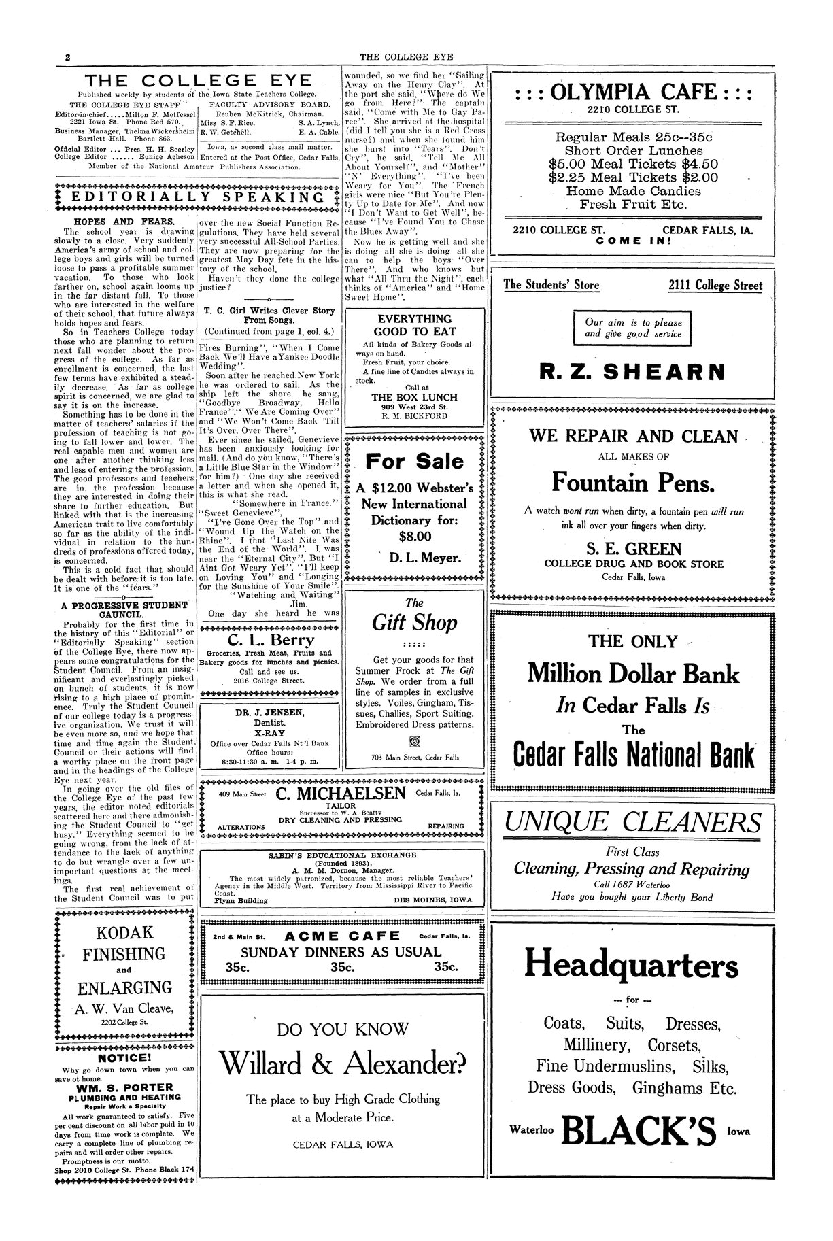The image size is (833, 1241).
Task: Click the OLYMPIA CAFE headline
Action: pos(632,92)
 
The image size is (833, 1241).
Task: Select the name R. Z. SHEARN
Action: pos(632,372)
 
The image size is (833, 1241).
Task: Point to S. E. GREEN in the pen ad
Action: pos(633,548)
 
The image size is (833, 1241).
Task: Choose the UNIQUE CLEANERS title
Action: pos(632,823)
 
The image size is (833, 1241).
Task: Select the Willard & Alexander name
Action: pos(343,1061)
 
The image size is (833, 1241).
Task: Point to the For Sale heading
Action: pos(414,462)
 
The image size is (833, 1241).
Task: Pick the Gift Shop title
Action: pos(414,622)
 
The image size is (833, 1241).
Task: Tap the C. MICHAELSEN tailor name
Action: pos(341,794)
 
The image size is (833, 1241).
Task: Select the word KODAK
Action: pos(124,932)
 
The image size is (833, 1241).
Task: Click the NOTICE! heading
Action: pos(124,1058)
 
